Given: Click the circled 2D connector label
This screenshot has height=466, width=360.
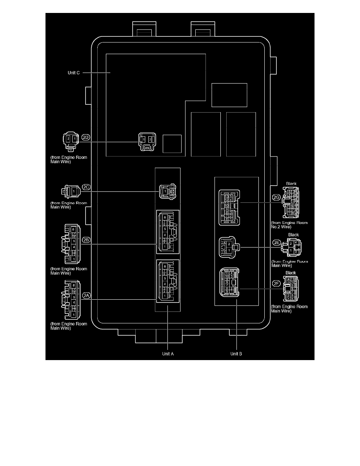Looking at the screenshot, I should tap(85, 138).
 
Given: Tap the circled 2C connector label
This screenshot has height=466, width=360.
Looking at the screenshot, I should tap(85, 187).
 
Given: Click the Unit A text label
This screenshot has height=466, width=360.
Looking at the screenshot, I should tap(168, 353).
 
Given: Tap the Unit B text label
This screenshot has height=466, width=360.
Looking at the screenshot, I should tap(236, 353).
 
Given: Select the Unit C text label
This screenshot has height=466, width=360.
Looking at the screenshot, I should tap(73, 73).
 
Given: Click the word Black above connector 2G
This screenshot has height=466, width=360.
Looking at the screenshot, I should tap(292, 184).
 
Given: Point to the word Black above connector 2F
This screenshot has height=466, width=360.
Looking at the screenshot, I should tap(291, 273).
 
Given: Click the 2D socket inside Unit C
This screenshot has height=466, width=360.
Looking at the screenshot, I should tap(147, 142).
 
